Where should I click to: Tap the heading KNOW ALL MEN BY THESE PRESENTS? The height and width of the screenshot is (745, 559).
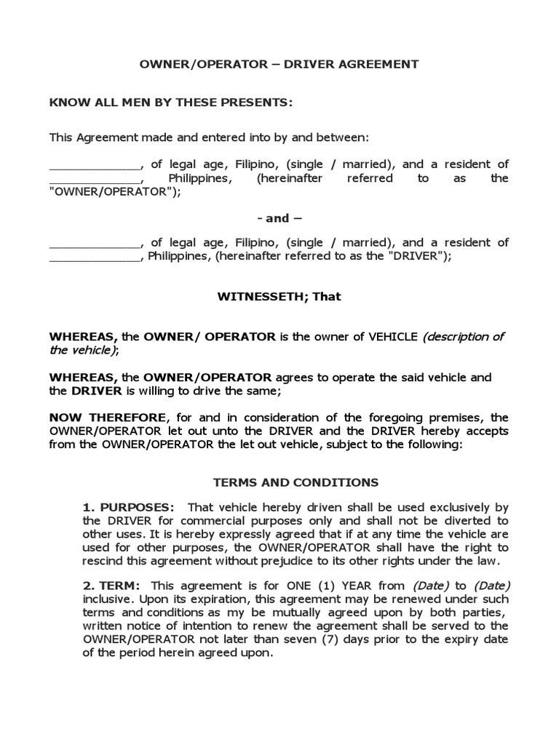(170, 103)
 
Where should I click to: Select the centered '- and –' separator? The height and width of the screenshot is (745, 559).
(279, 218)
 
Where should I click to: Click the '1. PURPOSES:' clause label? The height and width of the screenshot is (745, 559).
(128, 508)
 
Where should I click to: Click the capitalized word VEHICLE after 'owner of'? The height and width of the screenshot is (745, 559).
(394, 337)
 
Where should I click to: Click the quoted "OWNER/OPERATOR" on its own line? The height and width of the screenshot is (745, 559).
(114, 192)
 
